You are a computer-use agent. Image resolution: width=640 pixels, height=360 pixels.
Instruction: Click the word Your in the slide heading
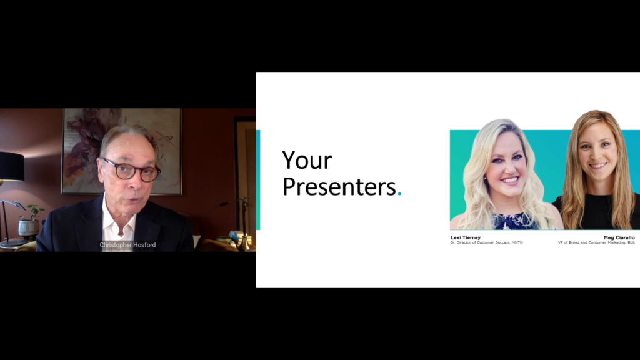307,160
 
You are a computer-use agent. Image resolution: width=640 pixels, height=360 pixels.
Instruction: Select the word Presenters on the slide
339,187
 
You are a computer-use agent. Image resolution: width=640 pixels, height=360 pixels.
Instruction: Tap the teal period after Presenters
399,194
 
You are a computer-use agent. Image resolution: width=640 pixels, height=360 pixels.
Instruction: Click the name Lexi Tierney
466,237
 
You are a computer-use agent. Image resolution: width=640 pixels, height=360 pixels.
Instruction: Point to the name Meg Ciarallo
619,237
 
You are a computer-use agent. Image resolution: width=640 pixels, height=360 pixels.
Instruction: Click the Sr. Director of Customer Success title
486,243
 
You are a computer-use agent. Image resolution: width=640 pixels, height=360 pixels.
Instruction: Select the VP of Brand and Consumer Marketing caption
596,243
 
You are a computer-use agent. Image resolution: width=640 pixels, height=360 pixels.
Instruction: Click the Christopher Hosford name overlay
127,245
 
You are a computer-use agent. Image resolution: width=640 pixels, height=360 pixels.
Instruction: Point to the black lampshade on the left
12,166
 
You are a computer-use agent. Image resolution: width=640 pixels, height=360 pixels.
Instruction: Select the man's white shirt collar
118,222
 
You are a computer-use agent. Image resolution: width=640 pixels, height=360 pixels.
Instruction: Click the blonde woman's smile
509,179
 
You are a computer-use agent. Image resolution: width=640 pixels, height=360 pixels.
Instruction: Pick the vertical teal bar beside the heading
258,179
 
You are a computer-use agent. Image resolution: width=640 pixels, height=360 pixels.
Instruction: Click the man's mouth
132,201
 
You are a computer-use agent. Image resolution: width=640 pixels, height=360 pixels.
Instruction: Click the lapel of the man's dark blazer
91,224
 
